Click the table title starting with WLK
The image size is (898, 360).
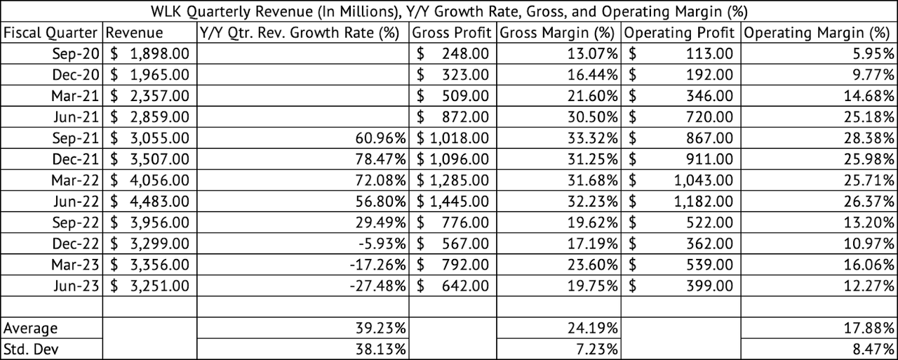pyautogui.click(x=449, y=11)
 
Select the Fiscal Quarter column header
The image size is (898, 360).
pyautogui.click(x=52, y=33)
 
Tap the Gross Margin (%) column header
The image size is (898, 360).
pyautogui.click(x=558, y=33)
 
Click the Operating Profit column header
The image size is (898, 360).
pyautogui.click(x=679, y=33)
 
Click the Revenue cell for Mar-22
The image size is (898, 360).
pyautogui.click(x=149, y=180)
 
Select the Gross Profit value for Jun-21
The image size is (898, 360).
pyautogui.click(x=453, y=117)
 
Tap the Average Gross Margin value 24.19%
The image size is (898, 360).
pyautogui.click(x=594, y=328)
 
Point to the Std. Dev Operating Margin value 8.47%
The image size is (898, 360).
pyautogui.click(x=873, y=349)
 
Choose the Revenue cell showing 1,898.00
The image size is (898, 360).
pyautogui.click(x=149, y=54)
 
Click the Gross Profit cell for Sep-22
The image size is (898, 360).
pyautogui.click(x=453, y=222)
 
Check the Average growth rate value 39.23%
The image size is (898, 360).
pyautogui.click(x=383, y=328)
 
